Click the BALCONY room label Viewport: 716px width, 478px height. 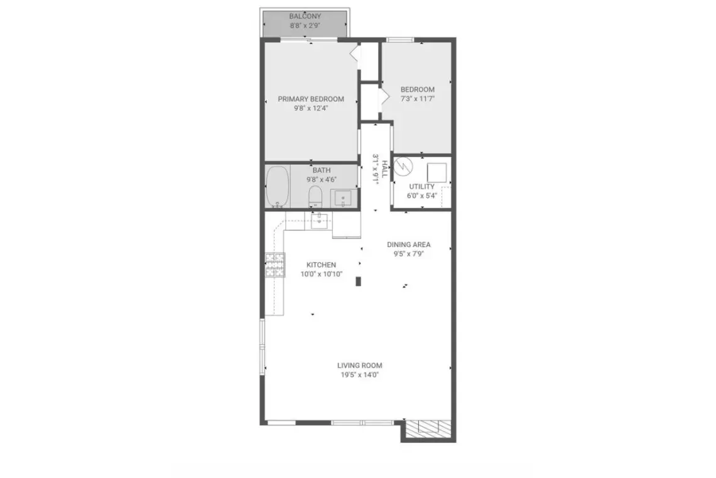[305, 16]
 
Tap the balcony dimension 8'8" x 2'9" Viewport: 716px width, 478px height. [305, 26]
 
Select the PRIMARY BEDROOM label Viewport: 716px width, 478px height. [311, 99]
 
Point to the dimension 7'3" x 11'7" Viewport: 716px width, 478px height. [418, 99]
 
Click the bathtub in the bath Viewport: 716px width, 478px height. [278, 187]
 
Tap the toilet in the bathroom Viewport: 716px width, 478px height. [315, 196]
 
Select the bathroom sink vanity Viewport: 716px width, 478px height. [343, 199]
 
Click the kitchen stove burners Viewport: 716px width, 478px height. [275, 265]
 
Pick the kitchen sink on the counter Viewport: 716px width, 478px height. [319, 220]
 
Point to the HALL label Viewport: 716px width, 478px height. [385, 169]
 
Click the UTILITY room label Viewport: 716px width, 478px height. [422, 187]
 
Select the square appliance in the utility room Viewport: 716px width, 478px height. [437, 172]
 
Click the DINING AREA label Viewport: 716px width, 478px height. [409, 245]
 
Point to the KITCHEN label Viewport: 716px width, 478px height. [321, 265]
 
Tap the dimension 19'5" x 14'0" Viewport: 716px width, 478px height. [360, 375]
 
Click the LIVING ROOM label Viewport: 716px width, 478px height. [360, 365]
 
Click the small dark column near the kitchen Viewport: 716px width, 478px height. [359, 281]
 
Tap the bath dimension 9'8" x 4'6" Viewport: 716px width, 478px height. [322, 180]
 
